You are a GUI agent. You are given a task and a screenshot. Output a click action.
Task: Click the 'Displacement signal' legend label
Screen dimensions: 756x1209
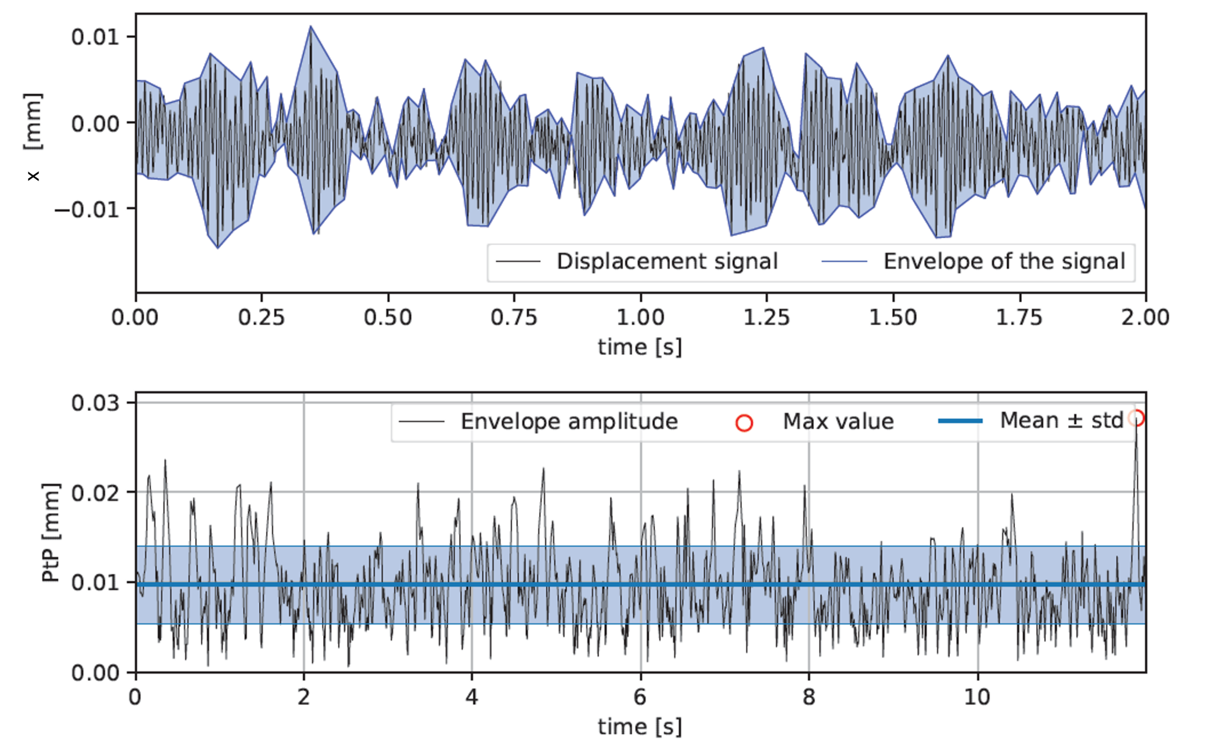(x=667, y=261)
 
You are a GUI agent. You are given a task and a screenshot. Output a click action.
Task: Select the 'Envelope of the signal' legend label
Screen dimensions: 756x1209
(x=1004, y=261)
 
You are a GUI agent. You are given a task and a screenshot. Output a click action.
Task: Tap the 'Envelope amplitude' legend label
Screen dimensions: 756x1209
(x=569, y=421)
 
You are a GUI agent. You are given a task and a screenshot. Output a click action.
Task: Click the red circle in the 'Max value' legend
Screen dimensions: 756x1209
(x=744, y=423)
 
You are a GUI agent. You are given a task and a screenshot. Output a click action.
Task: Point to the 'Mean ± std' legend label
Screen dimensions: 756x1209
(x=1061, y=421)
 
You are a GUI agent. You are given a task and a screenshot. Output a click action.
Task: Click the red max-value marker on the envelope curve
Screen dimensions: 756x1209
(x=1137, y=418)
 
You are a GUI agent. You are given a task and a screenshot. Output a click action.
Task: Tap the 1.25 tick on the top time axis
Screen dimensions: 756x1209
(x=766, y=318)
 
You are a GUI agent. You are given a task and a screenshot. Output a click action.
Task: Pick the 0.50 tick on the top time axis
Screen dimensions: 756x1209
(x=388, y=318)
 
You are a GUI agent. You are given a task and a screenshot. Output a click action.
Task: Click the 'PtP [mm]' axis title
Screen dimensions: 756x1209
(x=51, y=533)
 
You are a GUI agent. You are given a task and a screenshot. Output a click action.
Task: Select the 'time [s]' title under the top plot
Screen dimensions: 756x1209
(x=640, y=346)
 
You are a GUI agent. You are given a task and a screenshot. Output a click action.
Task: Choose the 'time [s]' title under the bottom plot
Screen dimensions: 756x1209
(x=640, y=726)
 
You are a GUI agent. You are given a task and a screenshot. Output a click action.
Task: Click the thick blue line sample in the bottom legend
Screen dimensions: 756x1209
(x=960, y=421)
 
